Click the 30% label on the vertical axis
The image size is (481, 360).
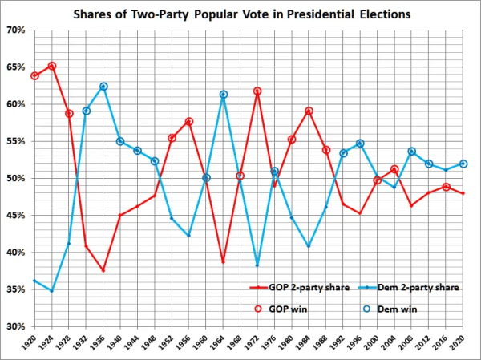pyautogui.click(x=16, y=327)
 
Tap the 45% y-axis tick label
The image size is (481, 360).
pyautogui.click(x=16, y=216)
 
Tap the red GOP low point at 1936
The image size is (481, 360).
pyautogui.click(x=103, y=270)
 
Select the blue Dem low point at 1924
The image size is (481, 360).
pyautogui.click(x=51, y=291)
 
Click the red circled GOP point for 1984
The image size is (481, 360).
pyautogui.click(x=309, y=111)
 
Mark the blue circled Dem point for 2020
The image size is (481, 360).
pyautogui.click(x=463, y=164)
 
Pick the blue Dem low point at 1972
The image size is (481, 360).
pyautogui.click(x=257, y=265)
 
